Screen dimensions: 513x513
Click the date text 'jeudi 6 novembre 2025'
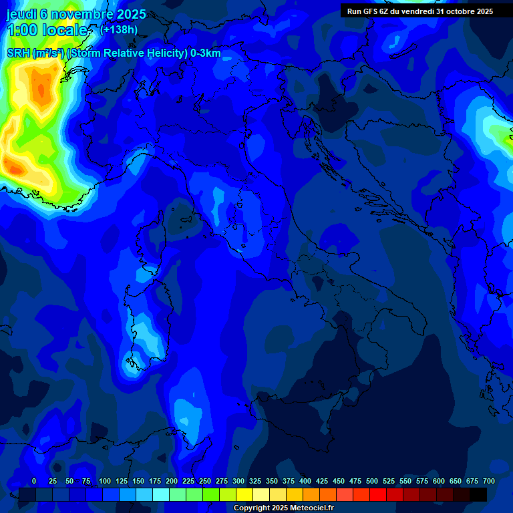pyautogui.click(x=76, y=14)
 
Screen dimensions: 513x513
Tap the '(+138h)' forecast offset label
pyautogui.click(x=118, y=29)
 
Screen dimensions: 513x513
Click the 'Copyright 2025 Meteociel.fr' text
pyautogui.click(x=283, y=508)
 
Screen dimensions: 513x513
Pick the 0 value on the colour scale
pyautogui.click(x=34, y=481)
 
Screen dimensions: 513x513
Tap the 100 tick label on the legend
pyautogui.click(x=105, y=481)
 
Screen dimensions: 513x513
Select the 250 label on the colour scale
pyautogui.click(x=205, y=481)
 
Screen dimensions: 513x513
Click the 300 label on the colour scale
pyautogui.click(x=238, y=481)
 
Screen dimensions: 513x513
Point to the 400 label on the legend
pyautogui.click(x=305, y=481)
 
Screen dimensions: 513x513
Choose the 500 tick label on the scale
pyautogui.click(x=372, y=481)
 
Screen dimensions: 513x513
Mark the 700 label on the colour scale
pyautogui.click(x=489, y=481)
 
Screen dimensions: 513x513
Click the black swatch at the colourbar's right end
pyautogui.click(x=478, y=494)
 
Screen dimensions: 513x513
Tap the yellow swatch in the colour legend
pyautogui.click(x=244, y=494)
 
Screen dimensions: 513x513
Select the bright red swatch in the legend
pyautogui.click(x=378, y=494)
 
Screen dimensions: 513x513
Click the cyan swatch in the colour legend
pyautogui.click(x=161, y=494)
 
